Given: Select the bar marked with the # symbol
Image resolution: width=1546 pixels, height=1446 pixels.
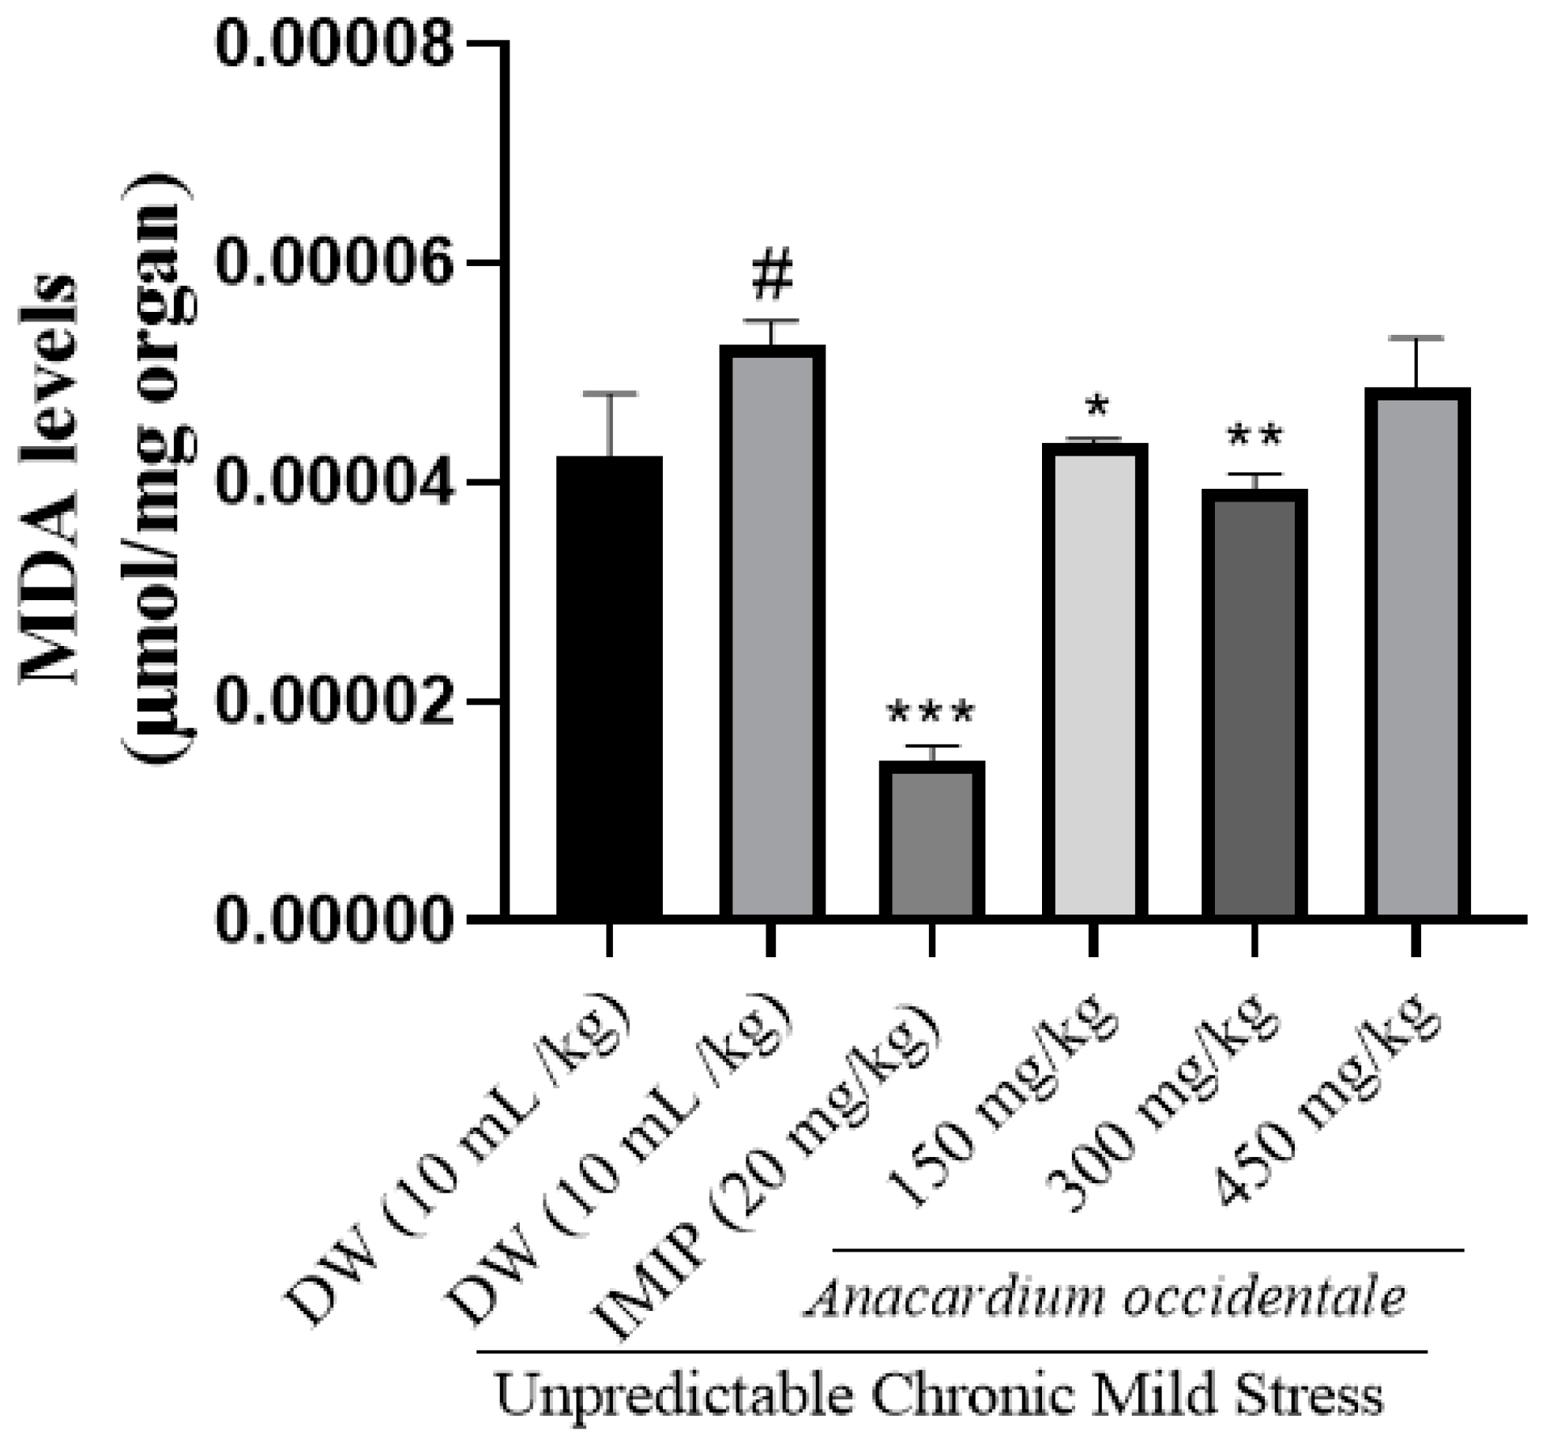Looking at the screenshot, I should pyautogui.click(x=772, y=632).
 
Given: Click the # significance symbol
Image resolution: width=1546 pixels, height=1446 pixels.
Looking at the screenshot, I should pyautogui.click(x=772, y=276).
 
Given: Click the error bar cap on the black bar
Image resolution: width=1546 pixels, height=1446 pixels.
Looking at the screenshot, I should pyautogui.click(x=609, y=393).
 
